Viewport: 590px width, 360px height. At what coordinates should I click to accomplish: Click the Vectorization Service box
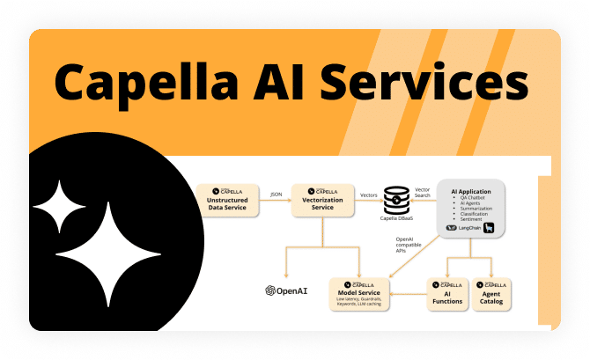point(322,199)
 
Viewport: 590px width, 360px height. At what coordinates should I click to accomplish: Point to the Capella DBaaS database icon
point(398,199)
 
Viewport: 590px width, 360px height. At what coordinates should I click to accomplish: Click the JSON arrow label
point(276,194)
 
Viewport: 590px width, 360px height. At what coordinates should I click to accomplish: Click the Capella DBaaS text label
point(398,220)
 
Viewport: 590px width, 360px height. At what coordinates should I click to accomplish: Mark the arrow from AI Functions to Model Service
point(409,292)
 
